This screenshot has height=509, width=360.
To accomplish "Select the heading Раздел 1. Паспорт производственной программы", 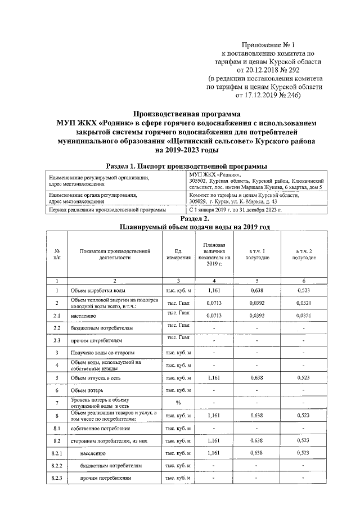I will tap(186, 166).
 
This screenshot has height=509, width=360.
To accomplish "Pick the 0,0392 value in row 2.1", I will tap(257, 316).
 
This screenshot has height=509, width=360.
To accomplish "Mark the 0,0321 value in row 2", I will tap(304, 303).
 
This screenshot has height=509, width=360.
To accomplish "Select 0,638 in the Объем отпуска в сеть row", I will tap(257, 378).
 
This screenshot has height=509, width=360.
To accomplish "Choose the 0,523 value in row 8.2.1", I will tap(304, 453).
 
